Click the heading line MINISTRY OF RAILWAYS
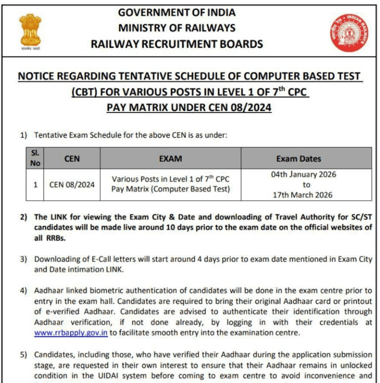[177, 28]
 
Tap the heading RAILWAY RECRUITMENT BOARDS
[177, 44]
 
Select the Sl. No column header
[35, 158]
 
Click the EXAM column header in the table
[170, 158]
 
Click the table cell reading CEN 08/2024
[72, 184]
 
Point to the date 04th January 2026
[303, 174]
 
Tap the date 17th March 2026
[303, 195]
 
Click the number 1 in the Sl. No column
[35, 184]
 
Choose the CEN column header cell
[72, 158]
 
